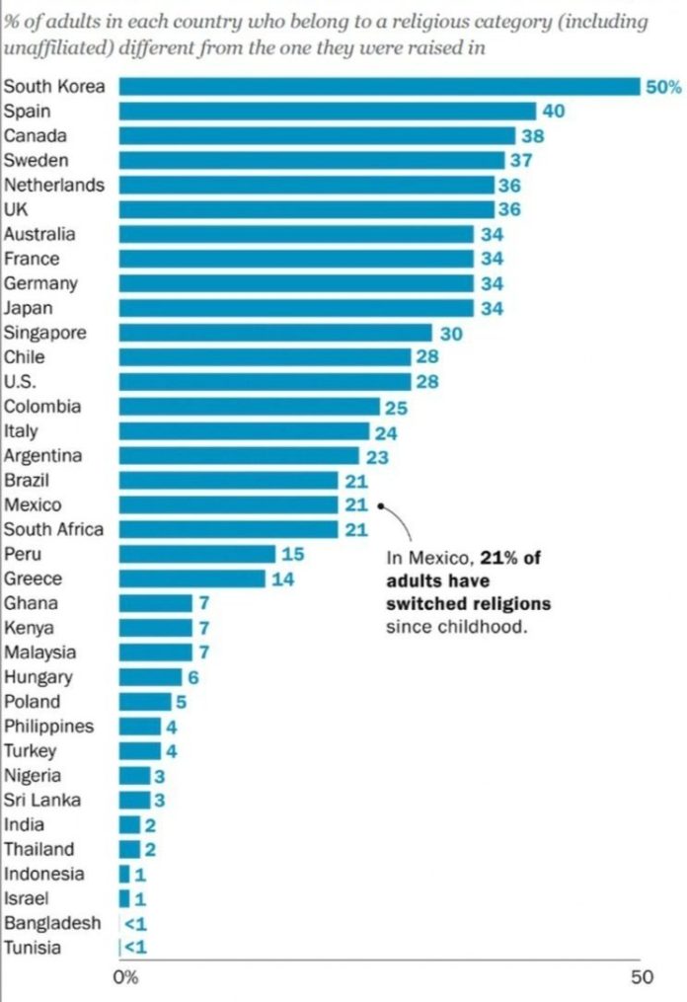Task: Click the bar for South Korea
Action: tap(380, 87)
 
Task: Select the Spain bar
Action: tap(327, 111)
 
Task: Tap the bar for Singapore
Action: tap(275, 333)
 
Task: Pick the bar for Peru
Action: tap(197, 554)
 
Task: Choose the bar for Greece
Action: tap(192, 578)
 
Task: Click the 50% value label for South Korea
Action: tap(663, 87)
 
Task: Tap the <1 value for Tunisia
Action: tap(133, 948)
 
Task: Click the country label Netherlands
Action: tap(54, 185)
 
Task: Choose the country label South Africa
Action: tap(53, 529)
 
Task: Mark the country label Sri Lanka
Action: tap(42, 800)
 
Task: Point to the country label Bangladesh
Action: tap(52, 923)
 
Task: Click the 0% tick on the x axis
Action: tap(125, 978)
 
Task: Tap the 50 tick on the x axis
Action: tap(642, 978)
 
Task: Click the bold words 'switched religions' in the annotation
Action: tap(468, 603)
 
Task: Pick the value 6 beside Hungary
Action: tap(193, 677)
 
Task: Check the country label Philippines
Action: tap(49, 726)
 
